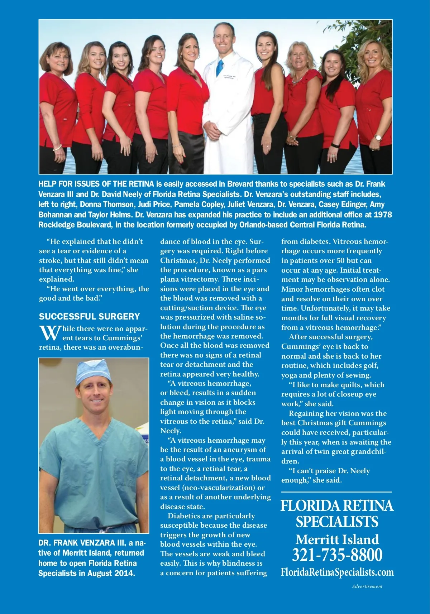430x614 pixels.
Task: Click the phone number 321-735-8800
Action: point(337,555)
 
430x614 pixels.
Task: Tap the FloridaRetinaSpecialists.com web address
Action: point(337,572)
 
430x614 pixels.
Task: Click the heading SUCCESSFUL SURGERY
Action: point(89,317)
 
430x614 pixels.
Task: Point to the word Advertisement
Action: point(367,586)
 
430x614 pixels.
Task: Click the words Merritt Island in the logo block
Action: point(337,539)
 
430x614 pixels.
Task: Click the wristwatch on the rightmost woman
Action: point(378,138)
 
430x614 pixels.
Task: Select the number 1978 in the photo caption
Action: point(382,215)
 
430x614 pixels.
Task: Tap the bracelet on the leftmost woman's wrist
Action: point(57,147)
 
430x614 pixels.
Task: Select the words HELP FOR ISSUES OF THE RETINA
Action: point(96,184)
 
